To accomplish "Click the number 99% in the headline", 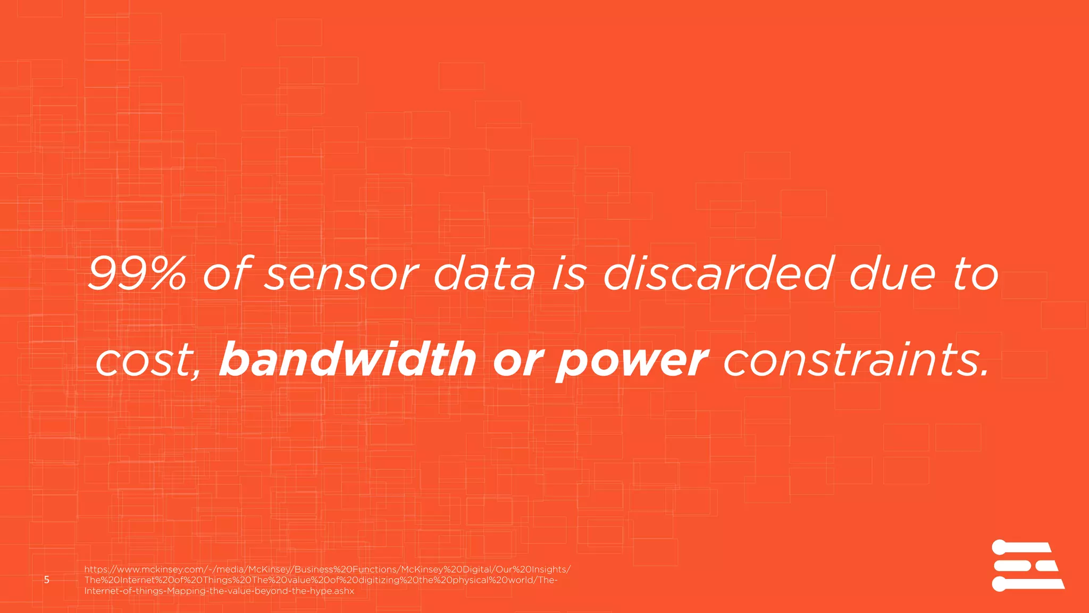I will point(137,274).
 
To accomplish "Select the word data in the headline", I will point(484,275).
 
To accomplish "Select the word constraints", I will point(856,360).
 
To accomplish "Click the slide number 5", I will point(47,579).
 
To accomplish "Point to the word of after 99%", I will point(225,274).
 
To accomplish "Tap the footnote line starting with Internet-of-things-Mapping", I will point(219,591).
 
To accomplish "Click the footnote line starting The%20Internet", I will point(321,580).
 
